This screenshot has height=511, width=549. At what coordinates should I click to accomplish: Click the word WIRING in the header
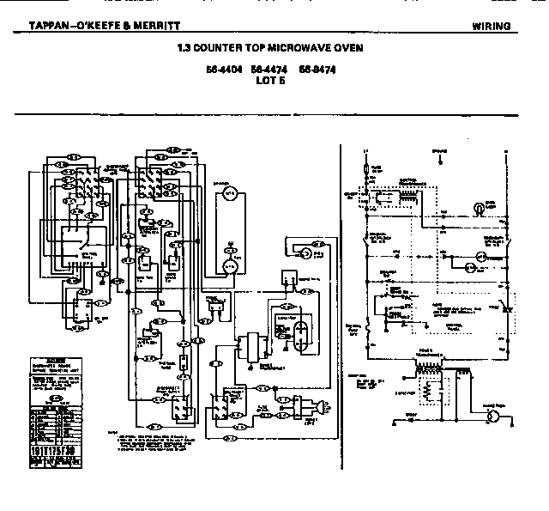coord(492,26)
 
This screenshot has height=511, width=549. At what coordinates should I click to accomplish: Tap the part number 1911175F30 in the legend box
coord(52,449)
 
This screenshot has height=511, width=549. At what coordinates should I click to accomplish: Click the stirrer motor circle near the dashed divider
coord(303,252)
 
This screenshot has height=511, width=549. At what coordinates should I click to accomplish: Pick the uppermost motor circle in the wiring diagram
coord(230,195)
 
